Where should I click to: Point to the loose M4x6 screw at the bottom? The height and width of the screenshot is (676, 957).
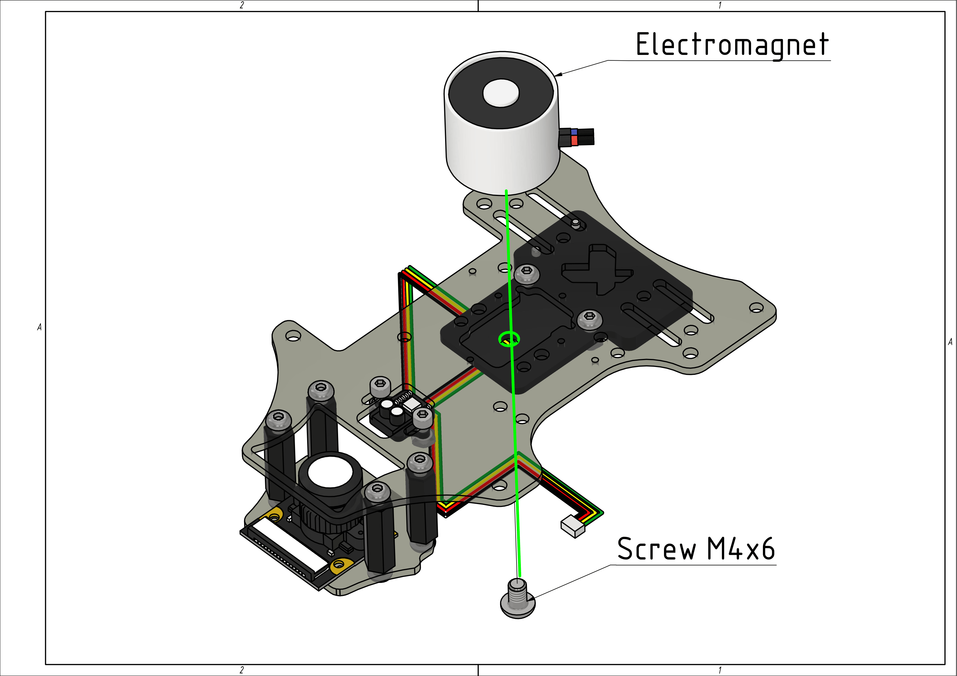coord(517,600)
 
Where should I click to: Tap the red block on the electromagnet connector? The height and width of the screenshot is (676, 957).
coord(574,141)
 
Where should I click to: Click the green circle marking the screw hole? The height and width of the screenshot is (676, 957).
coord(509,339)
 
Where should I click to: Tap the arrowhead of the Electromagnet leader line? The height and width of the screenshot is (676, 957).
coord(558,75)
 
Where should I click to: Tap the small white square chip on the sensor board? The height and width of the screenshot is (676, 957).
coord(412,403)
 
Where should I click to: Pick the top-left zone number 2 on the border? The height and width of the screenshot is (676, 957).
coord(242,5)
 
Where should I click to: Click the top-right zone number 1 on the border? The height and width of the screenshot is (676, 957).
coord(720,5)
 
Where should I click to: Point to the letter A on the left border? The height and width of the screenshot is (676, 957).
coord(39,327)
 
